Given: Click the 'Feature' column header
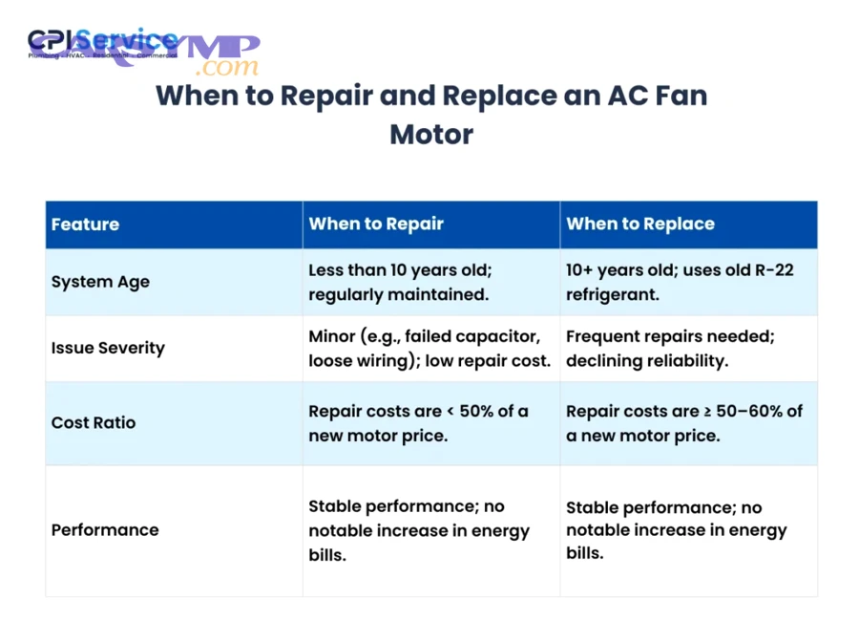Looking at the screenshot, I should click(x=85, y=225).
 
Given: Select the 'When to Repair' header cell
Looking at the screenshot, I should click(x=376, y=225).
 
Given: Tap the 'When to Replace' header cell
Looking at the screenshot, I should click(x=639, y=225).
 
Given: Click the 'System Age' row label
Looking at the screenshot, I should click(x=100, y=283).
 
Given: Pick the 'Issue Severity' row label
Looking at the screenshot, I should click(x=108, y=348).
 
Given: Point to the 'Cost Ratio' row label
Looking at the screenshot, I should click(x=94, y=422).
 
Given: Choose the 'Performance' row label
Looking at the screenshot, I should click(x=105, y=530).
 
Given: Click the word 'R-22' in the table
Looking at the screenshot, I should click(x=773, y=270).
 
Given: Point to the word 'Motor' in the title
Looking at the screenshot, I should click(x=430, y=134).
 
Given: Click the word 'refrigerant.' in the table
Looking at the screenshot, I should click(x=612, y=294).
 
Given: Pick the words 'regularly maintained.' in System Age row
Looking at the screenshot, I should click(x=398, y=294).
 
